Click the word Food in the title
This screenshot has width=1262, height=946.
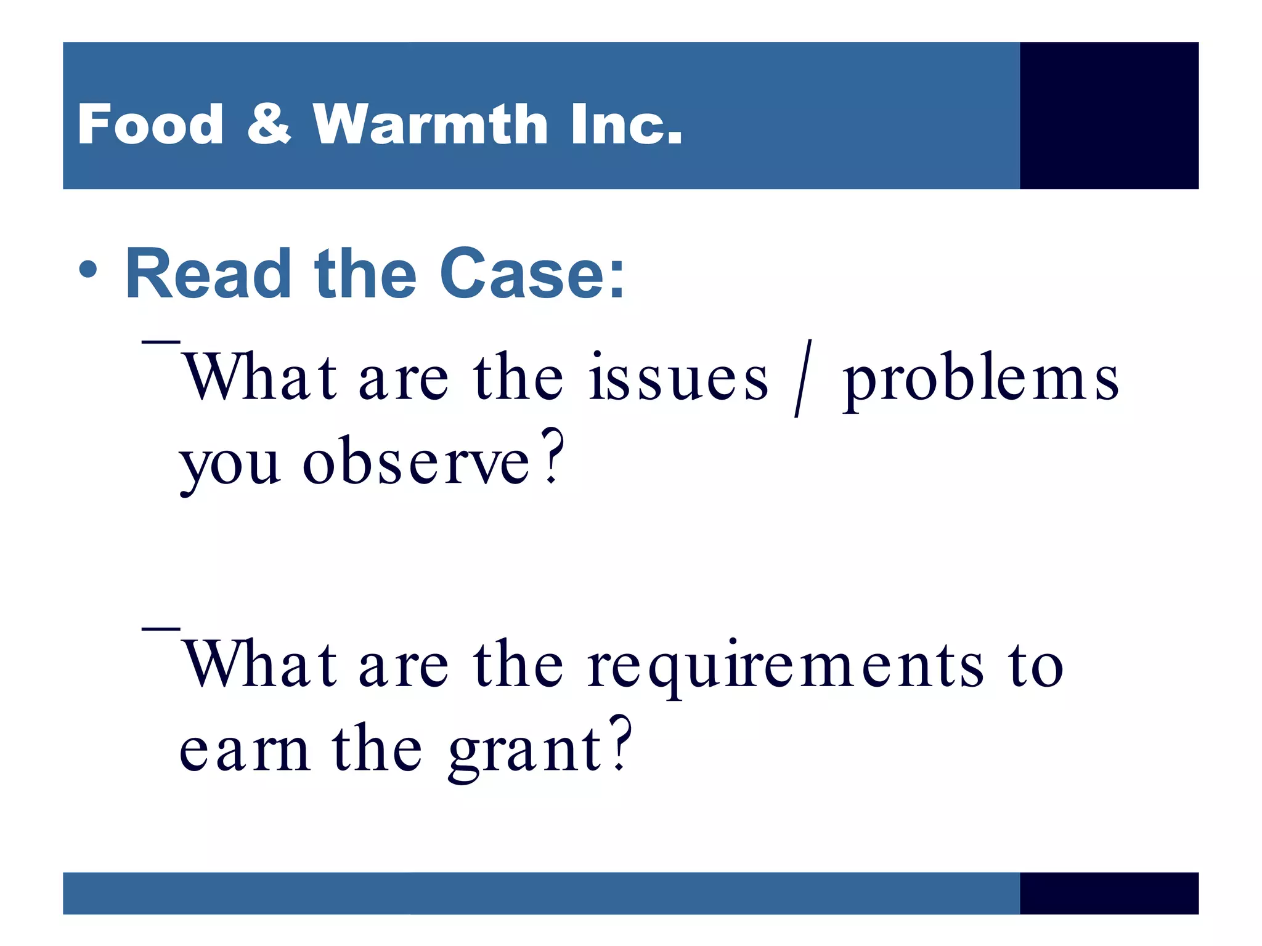pos(150,124)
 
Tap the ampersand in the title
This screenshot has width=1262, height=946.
pos(269,124)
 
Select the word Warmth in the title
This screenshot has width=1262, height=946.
pos(429,124)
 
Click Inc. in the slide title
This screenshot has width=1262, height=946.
pos(626,124)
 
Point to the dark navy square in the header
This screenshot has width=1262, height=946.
pos(1109,115)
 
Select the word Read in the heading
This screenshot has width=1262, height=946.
pos(208,273)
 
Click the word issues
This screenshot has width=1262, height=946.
pos(678,377)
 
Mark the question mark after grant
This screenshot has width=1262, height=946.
pos(621,743)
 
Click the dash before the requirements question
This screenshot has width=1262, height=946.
pos(161,628)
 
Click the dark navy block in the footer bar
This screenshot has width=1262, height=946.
pos(1109,893)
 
